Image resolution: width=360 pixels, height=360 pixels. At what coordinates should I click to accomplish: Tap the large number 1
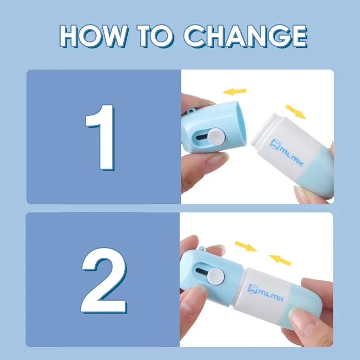pos(101,137)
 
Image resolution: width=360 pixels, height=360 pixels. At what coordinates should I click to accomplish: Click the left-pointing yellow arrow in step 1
pos(235,91)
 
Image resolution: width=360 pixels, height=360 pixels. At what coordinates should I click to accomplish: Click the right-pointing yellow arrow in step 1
pos(295,111)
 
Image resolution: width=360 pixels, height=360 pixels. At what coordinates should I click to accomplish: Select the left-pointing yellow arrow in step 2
pos(280,259)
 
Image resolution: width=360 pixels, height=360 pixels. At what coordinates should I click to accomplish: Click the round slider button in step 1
pos(218,135)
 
